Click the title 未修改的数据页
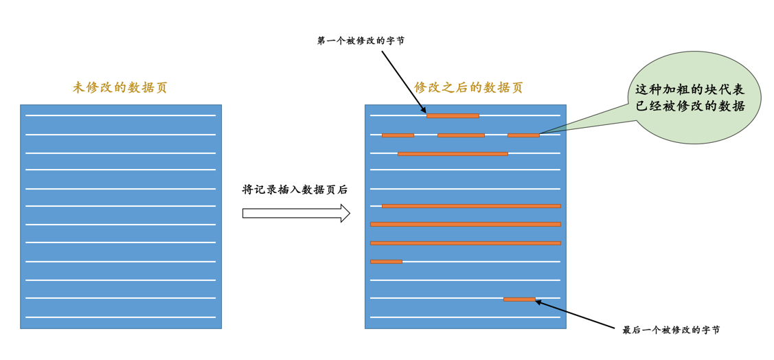click(120, 87)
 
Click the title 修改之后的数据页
click(468, 87)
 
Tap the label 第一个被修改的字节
click(361, 41)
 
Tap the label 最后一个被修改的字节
click(671, 330)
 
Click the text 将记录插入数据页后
click(295, 190)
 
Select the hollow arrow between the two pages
click(296, 213)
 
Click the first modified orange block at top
click(453, 115)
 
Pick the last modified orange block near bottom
click(519, 300)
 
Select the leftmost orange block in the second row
click(398, 135)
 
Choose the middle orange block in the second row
click(461, 135)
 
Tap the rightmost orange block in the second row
click(523, 135)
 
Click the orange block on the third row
click(453, 154)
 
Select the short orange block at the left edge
click(386, 262)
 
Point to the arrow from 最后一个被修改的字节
click(576, 314)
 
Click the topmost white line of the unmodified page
click(120, 115)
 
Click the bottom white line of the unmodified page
click(120, 317)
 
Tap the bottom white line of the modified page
click(466, 317)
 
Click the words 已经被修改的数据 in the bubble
click(690, 106)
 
